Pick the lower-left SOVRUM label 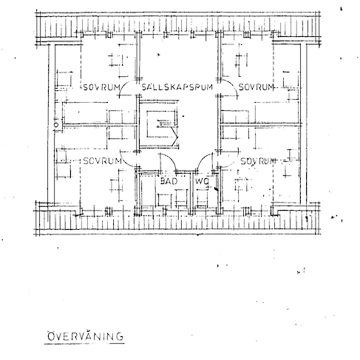(101, 160)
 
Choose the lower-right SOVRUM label (257, 160)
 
